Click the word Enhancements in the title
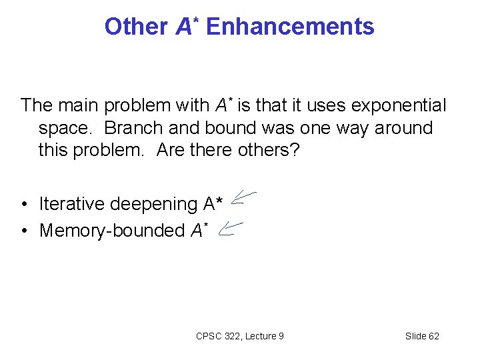click(290, 27)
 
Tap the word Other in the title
click(136, 27)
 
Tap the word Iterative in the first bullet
click(72, 203)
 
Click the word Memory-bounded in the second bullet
click(112, 231)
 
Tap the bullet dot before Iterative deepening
click(24, 203)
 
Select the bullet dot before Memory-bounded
click(24, 231)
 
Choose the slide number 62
click(433, 336)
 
